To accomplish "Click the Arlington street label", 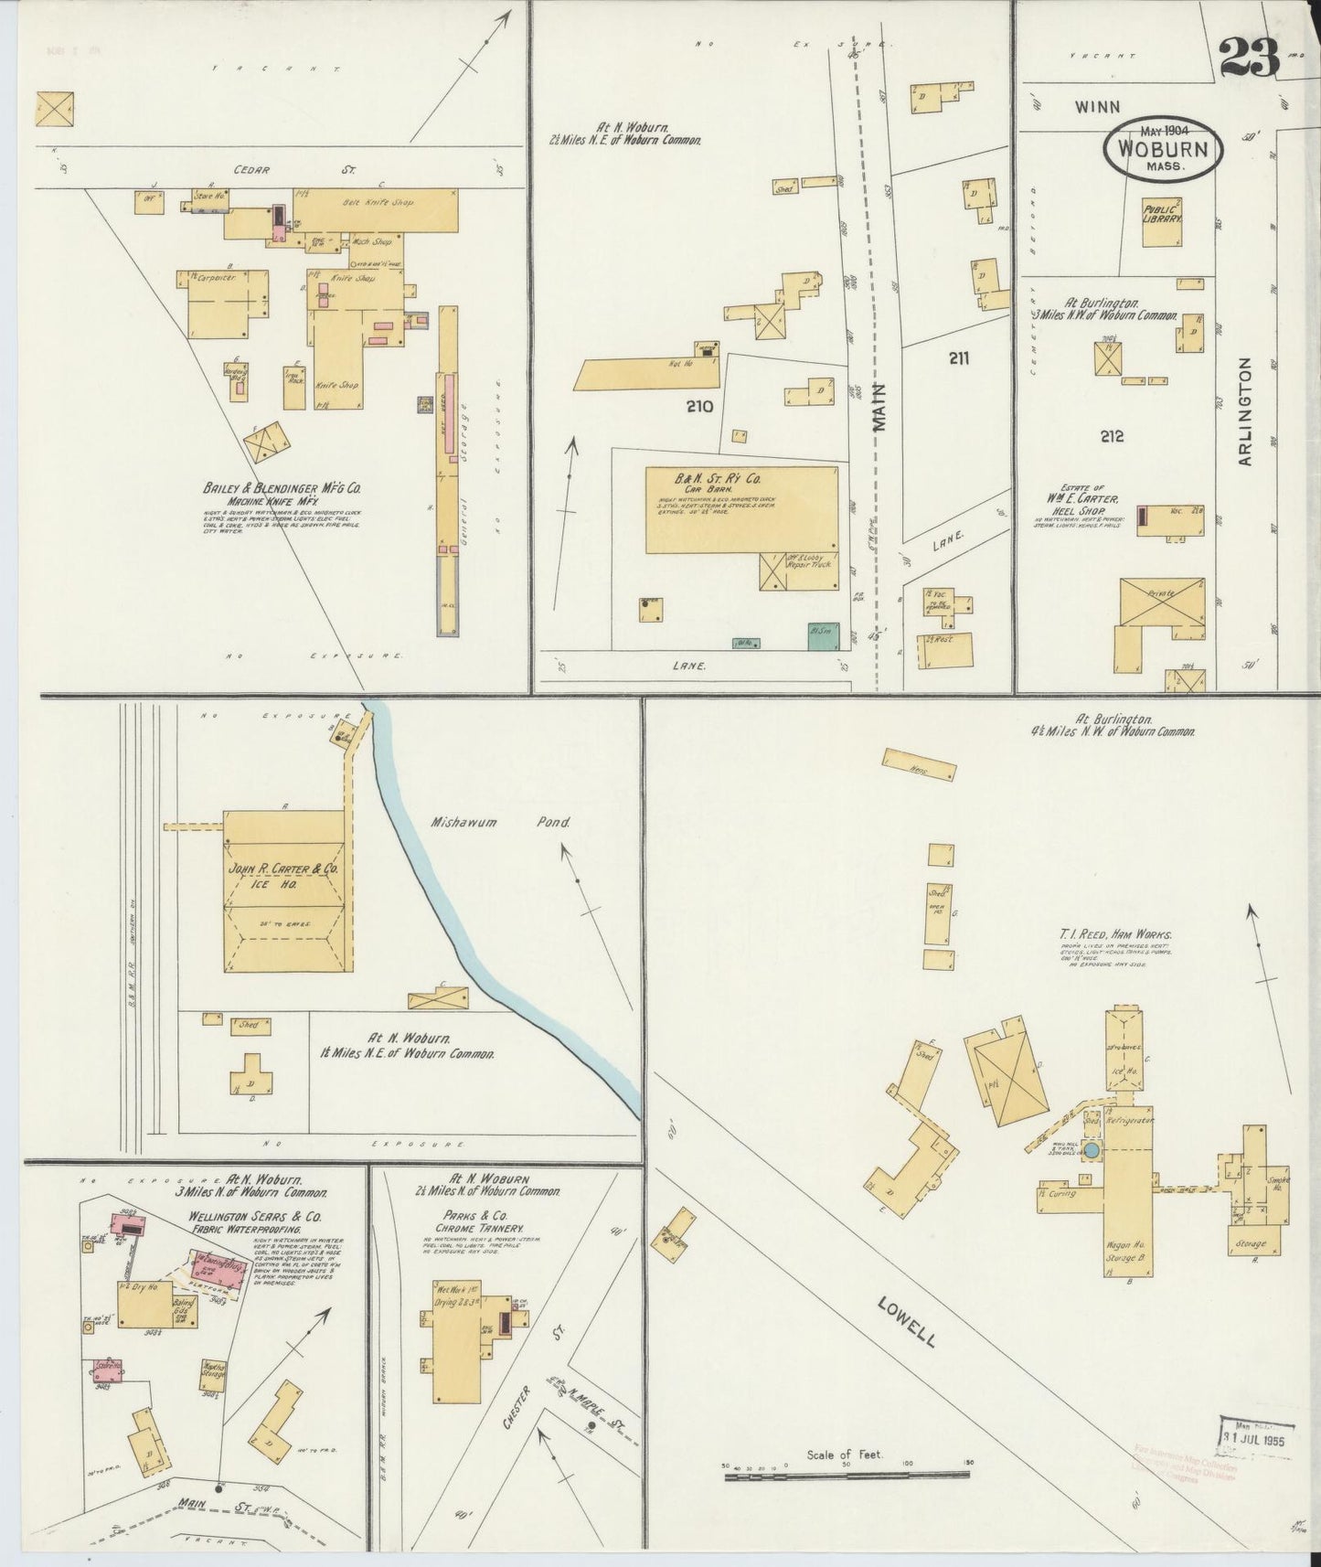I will (x=1245, y=411).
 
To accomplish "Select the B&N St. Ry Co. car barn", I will (x=740, y=508).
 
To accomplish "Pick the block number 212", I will (x=1112, y=437).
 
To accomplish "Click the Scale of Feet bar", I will (x=847, y=1476).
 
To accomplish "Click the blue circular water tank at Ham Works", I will (x=1093, y=1147).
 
